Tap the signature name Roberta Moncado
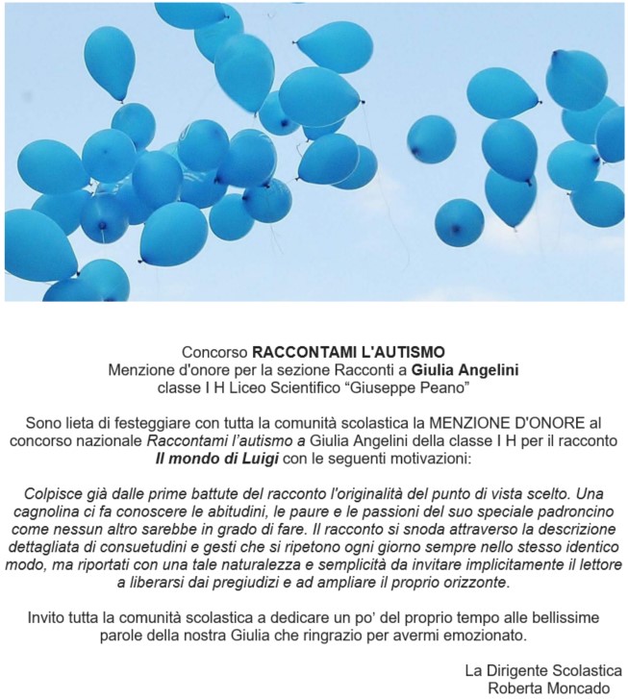click(x=549, y=687)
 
